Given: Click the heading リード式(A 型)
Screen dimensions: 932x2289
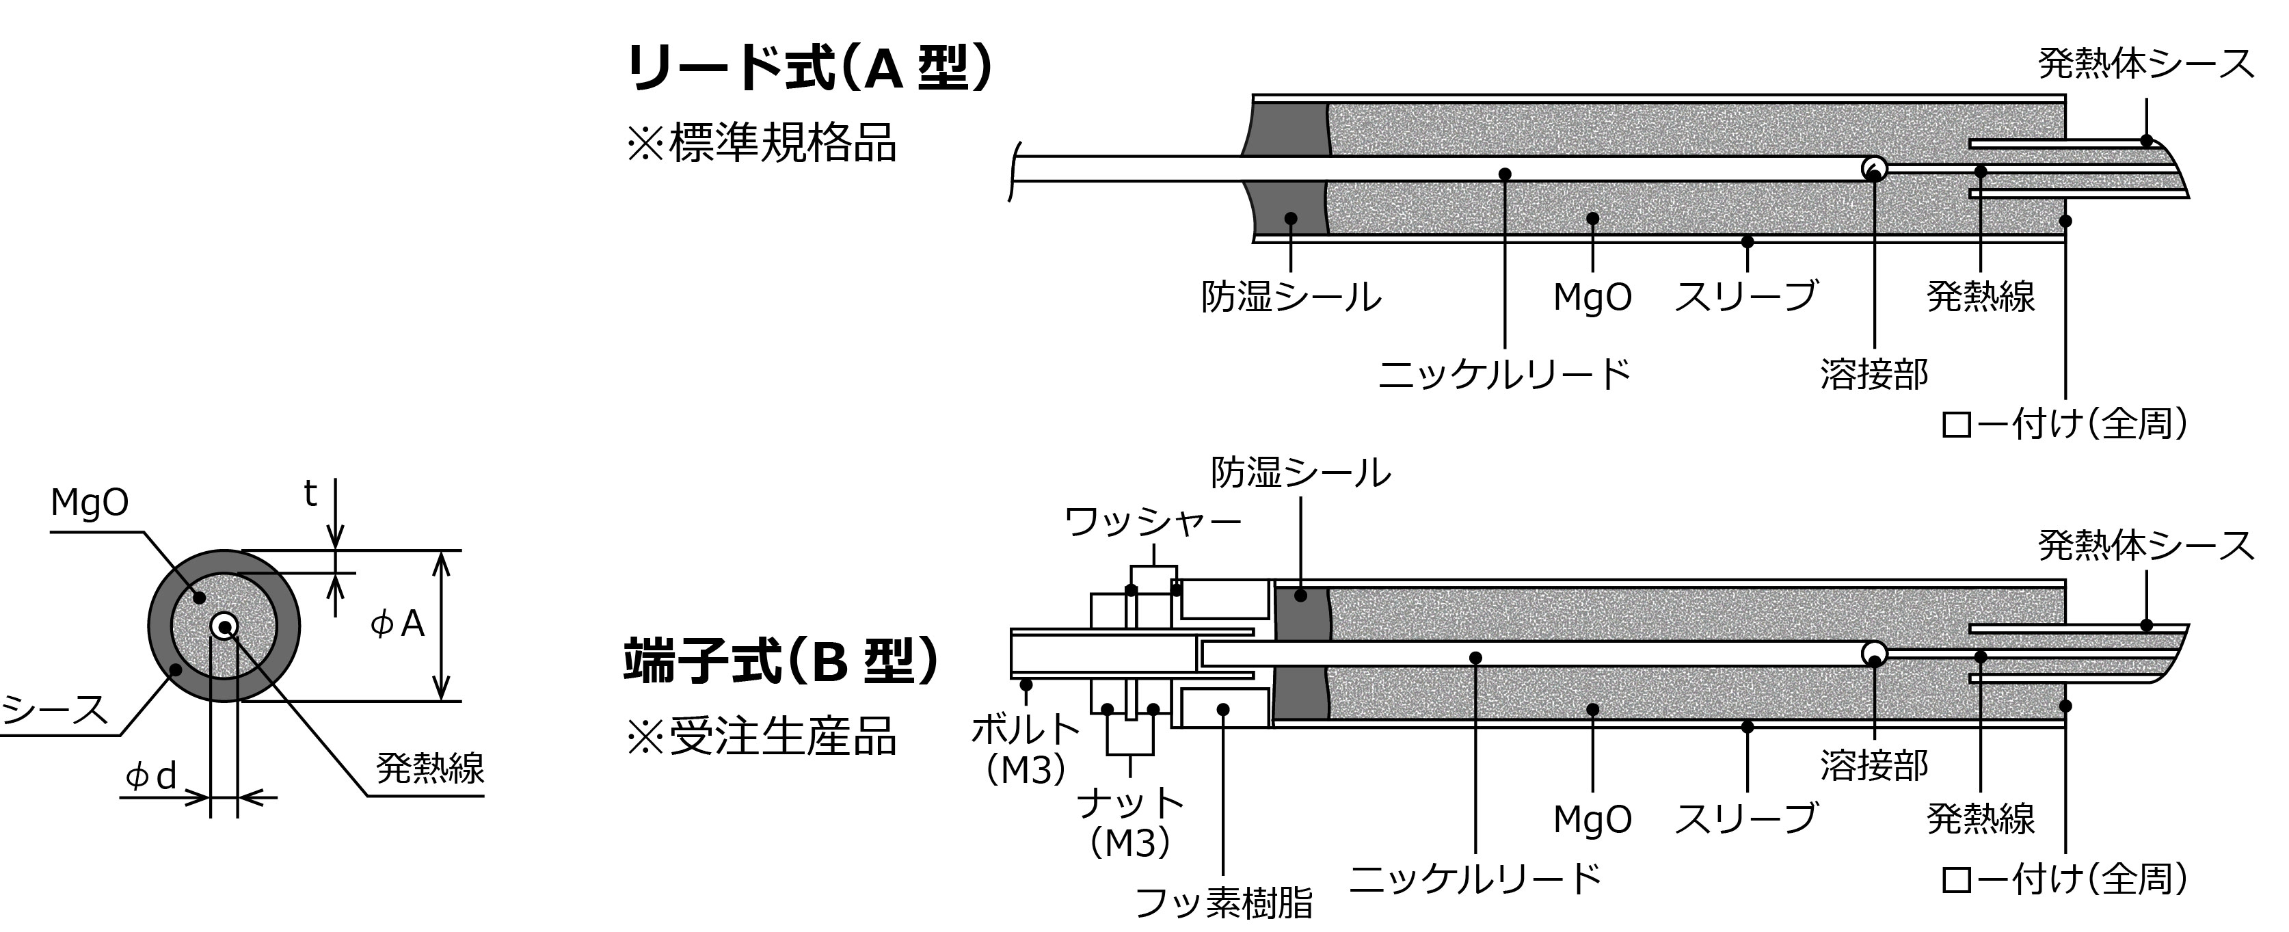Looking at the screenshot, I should point(809,69).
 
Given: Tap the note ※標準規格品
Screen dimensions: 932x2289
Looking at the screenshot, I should point(762,144).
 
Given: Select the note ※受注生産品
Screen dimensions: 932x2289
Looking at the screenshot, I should point(762,736).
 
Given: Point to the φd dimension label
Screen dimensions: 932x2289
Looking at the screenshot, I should point(151,777).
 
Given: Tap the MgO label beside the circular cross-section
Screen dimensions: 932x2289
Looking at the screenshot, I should point(89,503).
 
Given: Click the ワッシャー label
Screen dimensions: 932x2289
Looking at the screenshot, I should point(1153,522).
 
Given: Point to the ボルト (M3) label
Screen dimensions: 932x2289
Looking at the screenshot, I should point(1026,748).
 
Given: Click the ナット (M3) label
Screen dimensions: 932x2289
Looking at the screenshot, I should point(1130,823).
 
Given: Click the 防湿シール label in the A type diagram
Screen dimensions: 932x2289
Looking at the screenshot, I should point(1290,297).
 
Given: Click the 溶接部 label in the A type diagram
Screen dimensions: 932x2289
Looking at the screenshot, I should point(1874,374).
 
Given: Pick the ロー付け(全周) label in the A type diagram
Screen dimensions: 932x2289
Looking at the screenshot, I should point(2063,425).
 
